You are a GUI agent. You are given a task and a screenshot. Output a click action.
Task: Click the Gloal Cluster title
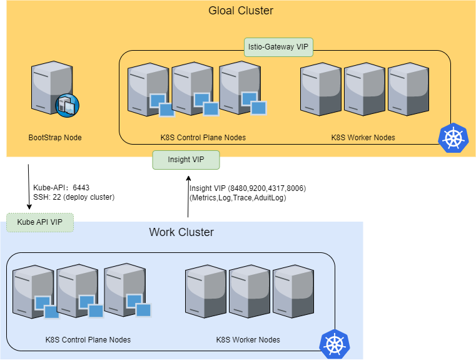(241, 11)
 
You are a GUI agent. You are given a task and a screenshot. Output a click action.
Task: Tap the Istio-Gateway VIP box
(278, 46)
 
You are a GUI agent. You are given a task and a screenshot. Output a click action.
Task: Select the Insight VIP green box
(186, 160)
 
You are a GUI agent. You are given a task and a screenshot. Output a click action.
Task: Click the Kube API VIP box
(40, 222)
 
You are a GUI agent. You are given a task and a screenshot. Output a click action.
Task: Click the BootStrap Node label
(55, 137)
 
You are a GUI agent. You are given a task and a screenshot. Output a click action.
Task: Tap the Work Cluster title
(181, 232)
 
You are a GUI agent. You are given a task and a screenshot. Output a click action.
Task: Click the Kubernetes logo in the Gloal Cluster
(452, 138)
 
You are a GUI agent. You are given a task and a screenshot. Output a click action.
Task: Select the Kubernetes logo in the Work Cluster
(334, 344)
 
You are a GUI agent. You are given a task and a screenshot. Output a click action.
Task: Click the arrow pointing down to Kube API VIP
(28, 187)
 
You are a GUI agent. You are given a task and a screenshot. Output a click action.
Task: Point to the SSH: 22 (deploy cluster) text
(74, 197)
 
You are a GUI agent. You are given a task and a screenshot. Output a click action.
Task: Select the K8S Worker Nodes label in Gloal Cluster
(363, 137)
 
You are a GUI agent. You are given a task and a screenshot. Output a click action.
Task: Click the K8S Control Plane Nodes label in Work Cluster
(88, 340)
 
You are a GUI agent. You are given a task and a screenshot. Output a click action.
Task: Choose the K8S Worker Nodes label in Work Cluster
(248, 340)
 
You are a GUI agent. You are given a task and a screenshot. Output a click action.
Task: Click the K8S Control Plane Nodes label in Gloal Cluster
(203, 137)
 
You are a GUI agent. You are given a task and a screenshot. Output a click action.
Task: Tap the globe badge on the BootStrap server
(66, 106)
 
